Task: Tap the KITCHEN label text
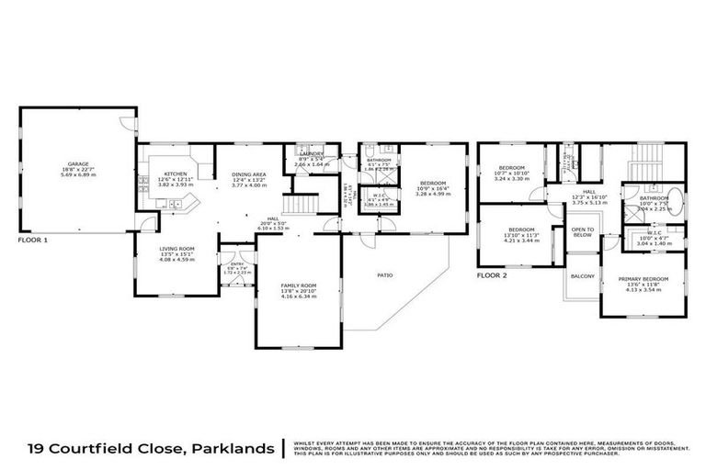[176, 173]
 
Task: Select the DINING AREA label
[249, 173]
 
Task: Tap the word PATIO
[385, 273]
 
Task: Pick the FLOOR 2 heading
[492, 274]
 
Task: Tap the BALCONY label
[582, 276]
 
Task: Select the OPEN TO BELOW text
[582, 231]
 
